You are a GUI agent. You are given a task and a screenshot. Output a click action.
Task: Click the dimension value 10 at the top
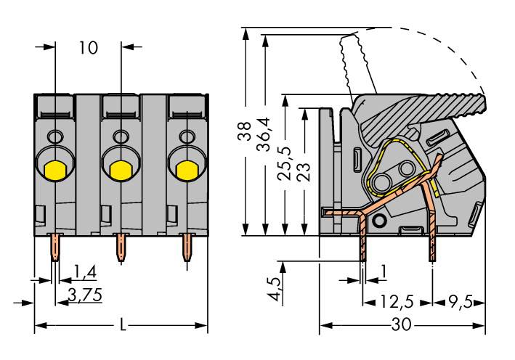(x=88, y=49)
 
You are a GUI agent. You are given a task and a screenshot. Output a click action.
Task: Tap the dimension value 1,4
(x=86, y=272)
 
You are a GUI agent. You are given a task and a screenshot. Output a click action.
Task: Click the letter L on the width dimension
(x=122, y=325)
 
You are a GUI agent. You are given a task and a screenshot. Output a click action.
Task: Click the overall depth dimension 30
(x=400, y=325)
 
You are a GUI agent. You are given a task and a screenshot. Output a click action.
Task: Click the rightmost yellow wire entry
(x=187, y=171)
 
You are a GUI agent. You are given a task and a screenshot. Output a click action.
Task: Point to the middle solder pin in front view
(x=120, y=247)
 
